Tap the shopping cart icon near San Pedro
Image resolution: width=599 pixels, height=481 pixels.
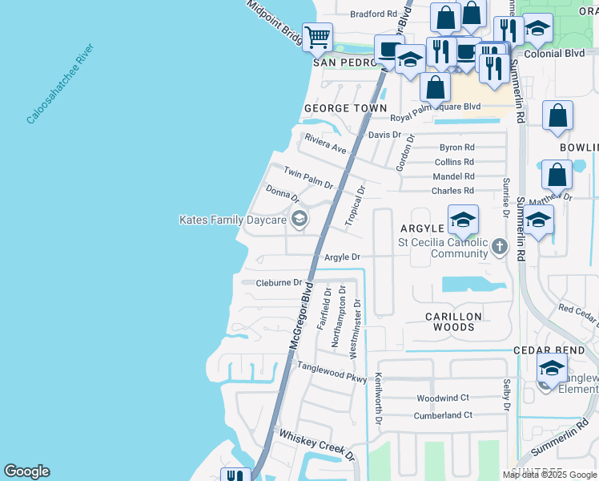[x=317, y=36]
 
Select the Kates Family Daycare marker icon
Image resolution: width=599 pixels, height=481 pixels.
[x=299, y=219]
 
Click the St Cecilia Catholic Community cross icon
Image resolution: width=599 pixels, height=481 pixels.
[x=500, y=246]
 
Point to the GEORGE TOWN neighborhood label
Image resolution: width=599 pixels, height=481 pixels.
[x=345, y=108]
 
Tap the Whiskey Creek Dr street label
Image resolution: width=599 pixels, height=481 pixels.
[x=316, y=445]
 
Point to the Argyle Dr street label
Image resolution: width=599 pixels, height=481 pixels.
[x=343, y=257]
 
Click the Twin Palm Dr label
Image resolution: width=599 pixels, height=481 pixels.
[x=308, y=177]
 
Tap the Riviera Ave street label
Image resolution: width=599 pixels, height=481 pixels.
[x=324, y=143]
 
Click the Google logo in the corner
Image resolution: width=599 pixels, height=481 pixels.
[x=26, y=471]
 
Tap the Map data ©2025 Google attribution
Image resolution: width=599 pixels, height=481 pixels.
[x=550, y=475]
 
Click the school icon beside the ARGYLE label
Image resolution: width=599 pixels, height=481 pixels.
[x=463, y=220]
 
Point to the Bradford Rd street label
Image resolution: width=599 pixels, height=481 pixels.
[x=373, y=14]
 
